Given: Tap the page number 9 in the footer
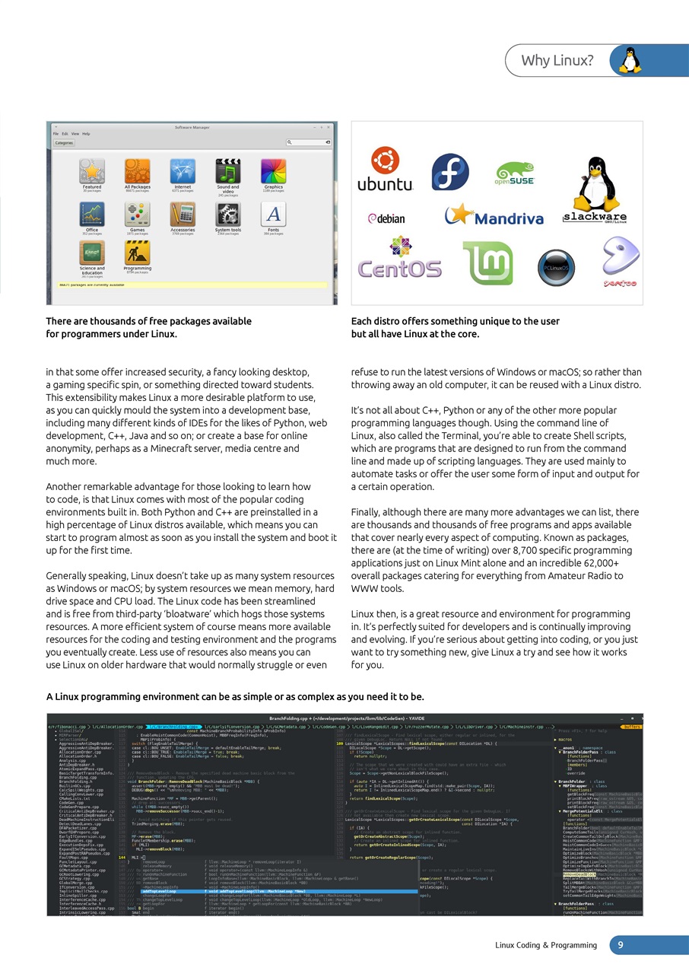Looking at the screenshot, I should click(x=621, y=944).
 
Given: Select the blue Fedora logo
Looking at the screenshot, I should click(x=449, y=172).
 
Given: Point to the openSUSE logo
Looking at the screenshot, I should click(x=516, y=173).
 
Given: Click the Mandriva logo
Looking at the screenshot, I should click(x=494, y=216).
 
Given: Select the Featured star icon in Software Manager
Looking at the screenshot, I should click(x=91, y=171).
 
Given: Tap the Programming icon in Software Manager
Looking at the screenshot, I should click(x=138, y=253).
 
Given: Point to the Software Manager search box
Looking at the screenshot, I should click(x=309, y=142).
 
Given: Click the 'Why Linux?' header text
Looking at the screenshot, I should click(x=557, y=60).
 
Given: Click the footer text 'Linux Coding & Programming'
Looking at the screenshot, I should click(x=546, y=945).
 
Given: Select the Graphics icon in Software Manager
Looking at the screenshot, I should click(x=274, y=171).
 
